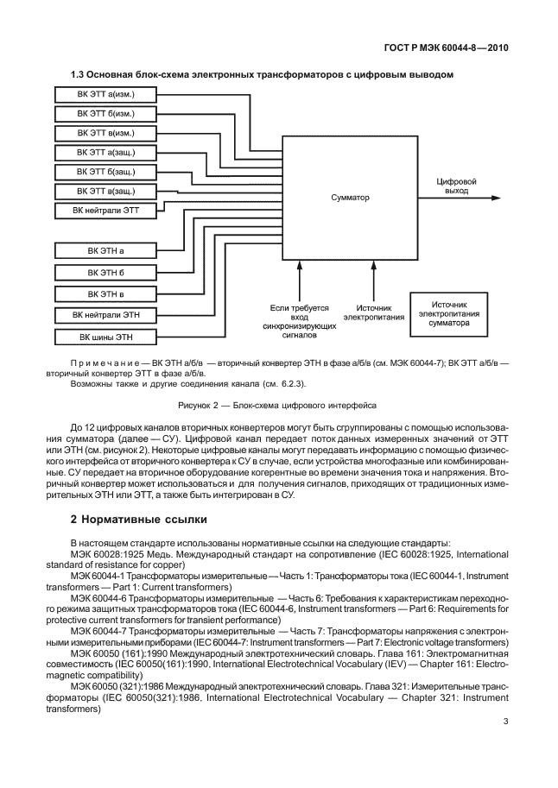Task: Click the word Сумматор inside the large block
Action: [349, 198]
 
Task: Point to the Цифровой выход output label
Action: [458, 186]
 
